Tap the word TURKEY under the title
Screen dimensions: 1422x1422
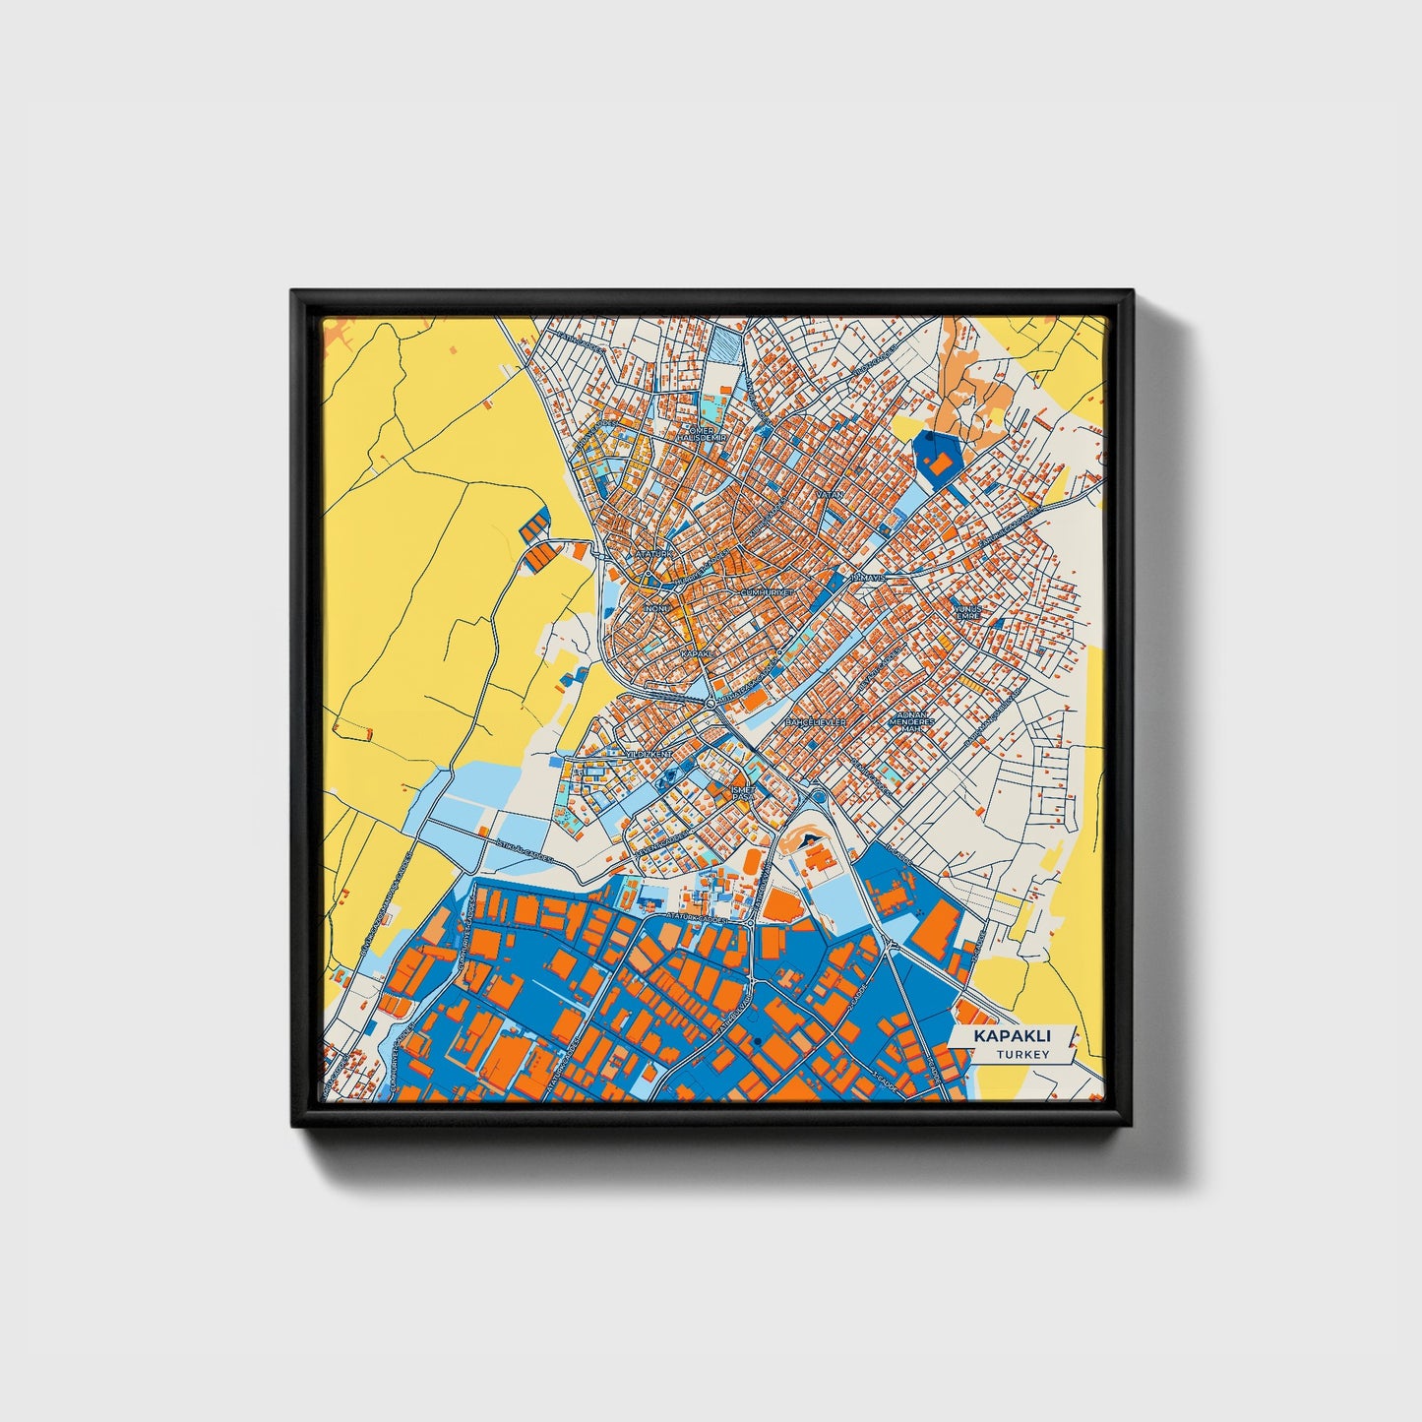(1022, 1055)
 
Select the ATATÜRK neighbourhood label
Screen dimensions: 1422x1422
(655, 555)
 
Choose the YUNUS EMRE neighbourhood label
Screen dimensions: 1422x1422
(969, 612)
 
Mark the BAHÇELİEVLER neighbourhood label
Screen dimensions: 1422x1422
(816, 722)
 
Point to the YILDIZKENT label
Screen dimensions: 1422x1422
(649, 754)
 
